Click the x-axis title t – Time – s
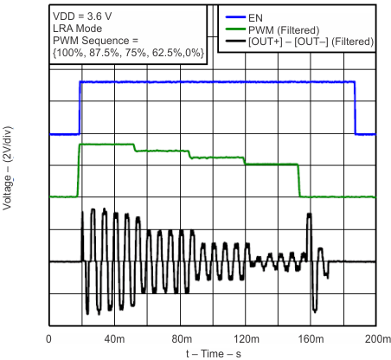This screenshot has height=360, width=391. (x=212, y=353)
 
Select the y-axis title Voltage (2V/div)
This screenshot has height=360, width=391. (x=10, y=173)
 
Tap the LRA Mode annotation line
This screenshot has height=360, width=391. (x=77, y=28)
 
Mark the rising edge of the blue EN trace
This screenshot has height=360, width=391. (x=80, y=108)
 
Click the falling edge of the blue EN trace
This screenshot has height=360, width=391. (x=356, y=108)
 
